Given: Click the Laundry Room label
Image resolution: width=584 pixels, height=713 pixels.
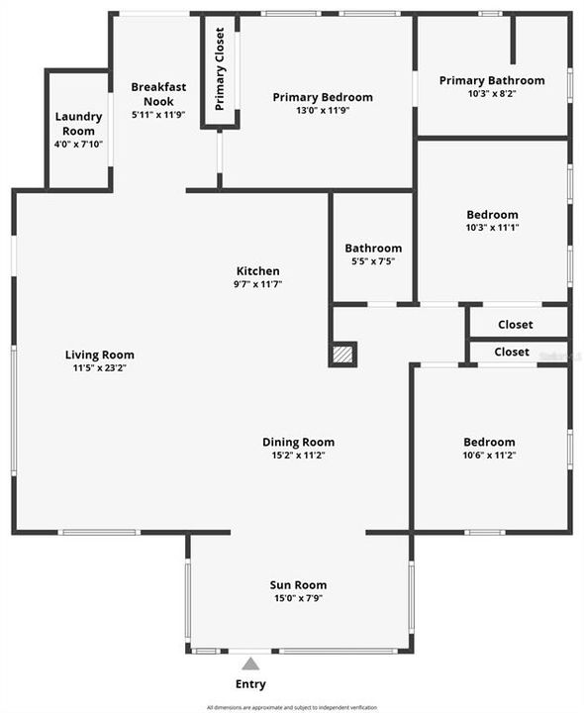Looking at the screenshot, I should [x=78, y=124].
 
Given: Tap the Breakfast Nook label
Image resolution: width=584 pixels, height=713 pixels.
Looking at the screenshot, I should [x=158, y=94].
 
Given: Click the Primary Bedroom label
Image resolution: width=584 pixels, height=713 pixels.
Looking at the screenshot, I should [x=323, y=97].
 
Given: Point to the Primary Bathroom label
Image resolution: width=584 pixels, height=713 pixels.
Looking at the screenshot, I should [x=492, y=80].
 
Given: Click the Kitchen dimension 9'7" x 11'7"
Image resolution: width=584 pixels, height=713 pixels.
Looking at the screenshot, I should [x=257, y=284].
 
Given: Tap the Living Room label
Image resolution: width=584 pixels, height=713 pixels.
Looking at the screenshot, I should [x=100, y=355].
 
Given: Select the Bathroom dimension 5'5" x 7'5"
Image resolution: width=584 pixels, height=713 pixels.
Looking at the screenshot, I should [x=373, y=261].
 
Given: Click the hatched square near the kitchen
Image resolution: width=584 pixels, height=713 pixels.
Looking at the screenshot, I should [x=342, y=354].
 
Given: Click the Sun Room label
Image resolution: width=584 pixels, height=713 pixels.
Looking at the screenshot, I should [x=298, y=584].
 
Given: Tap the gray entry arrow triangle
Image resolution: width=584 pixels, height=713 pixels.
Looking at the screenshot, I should [x=250, y=663].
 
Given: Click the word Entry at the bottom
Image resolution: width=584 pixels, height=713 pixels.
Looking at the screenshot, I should [x=250, y=683].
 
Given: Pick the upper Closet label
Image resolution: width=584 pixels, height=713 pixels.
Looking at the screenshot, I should [x=515, y=324].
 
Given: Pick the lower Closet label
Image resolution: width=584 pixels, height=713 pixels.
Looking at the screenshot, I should [x=511, y=352].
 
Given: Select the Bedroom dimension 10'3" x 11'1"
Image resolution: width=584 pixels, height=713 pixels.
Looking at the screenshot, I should [x=492, y=228].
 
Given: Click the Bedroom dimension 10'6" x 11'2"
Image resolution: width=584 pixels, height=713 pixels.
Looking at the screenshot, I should [x=489, y=456].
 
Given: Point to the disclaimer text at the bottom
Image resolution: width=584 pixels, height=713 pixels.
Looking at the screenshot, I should [x=292, y=707].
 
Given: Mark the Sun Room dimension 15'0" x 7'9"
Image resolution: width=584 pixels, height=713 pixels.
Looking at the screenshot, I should [x=298, y=598].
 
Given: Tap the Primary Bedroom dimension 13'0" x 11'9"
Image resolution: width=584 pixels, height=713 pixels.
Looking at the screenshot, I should [x=323, y=111].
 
